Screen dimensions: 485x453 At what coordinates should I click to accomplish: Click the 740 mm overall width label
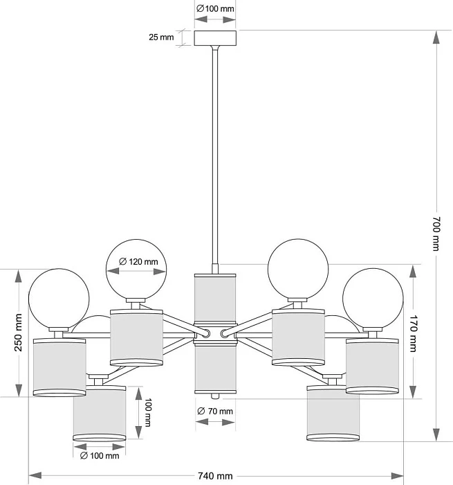pos(214,476)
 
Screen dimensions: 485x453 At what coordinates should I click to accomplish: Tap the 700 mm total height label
pos(436,233)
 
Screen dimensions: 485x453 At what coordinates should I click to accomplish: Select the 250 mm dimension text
pos(18,333)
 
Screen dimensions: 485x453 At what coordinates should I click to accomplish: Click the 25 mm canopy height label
pos(161,37)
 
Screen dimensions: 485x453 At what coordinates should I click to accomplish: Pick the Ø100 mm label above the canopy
pos(215,9)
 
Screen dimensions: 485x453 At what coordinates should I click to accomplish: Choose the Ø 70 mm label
pos(215,412)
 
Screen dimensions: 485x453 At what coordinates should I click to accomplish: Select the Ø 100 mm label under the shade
pos(99,455)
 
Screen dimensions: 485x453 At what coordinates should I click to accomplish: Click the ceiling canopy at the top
pos(215,38)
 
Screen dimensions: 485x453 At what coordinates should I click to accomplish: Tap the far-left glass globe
pos(58,299)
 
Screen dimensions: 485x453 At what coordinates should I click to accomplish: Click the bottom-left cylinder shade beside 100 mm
pos(99,414)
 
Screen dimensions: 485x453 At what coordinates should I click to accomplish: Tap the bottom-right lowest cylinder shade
pos(333,414)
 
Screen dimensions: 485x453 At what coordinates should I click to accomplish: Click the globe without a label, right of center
pos(298,267)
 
